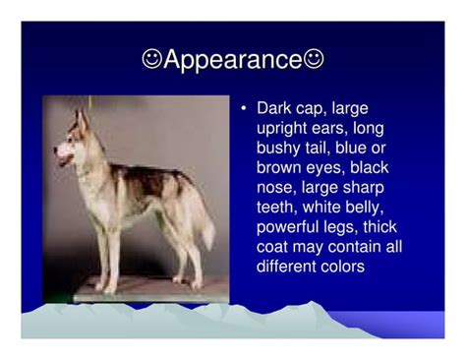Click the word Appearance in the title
pyautogui.click(x=233, y=60)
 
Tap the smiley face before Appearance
pyautogui.click(x=152, y=59)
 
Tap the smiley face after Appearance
pyautogui.click(x=314, y=59)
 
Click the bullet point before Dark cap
pyautogui.click(x=243, y=108)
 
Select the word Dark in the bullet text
pyautogui.click(x=274, y=108)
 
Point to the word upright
pyautogui.click(x=282, y=129)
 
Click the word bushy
pyautogui.click(x=278, y=149)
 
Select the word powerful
pyautogui.click(x=287, y=227)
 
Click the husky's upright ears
pyautogui.click(x=82, y=121)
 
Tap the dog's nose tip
pyautogui.click(x=56, y=150)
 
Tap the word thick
pyautogui.click(x=379, y=227)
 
